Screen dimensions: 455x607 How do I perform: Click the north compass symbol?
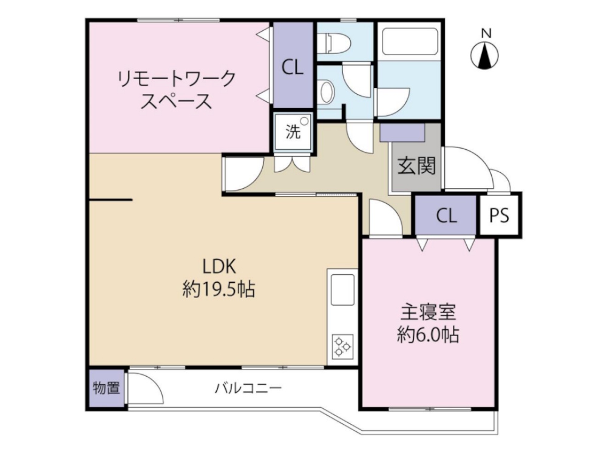485,56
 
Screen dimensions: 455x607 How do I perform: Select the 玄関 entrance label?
417,166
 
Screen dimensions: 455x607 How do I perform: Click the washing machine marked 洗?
294,132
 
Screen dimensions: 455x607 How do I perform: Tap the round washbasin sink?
326,93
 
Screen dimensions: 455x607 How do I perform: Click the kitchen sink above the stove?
343,291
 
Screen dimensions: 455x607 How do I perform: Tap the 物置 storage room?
106,388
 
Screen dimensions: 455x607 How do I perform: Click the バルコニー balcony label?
248,388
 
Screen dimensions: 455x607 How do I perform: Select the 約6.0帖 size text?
428,335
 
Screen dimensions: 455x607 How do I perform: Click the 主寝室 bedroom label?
428,313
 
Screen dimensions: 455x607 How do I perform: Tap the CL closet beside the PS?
446,216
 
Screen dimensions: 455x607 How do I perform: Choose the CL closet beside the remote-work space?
293,67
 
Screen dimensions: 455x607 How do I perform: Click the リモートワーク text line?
176,78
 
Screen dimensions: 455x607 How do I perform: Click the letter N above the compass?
485,34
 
